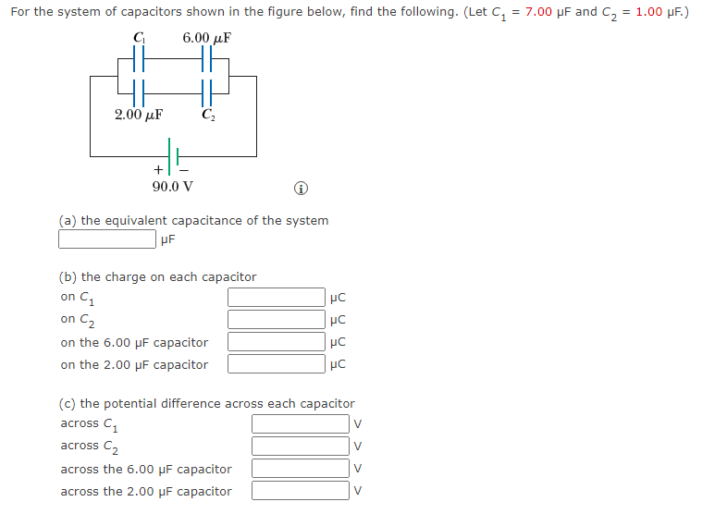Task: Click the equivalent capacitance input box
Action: point(106,239)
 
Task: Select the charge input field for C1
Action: point(277,298)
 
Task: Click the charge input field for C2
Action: point(277,320)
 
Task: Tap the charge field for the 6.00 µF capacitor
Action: point(277,342)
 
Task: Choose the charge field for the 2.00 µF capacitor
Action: point(277,364)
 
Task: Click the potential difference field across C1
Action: point(301,424)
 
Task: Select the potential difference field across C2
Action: point(301,447)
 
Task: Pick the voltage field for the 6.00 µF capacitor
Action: point(301,469)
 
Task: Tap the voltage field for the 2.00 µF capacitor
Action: point(301,491)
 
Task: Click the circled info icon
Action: point(301,188)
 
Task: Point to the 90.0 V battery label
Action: point(173,186)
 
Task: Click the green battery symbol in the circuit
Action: point(173,154)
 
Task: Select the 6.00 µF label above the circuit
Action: point(206,38)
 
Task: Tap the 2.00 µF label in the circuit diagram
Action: point(139,116)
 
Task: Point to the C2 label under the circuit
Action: point(208,116)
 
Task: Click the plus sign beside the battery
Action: point(158,170)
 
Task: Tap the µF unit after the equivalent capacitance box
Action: point(167,240)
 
